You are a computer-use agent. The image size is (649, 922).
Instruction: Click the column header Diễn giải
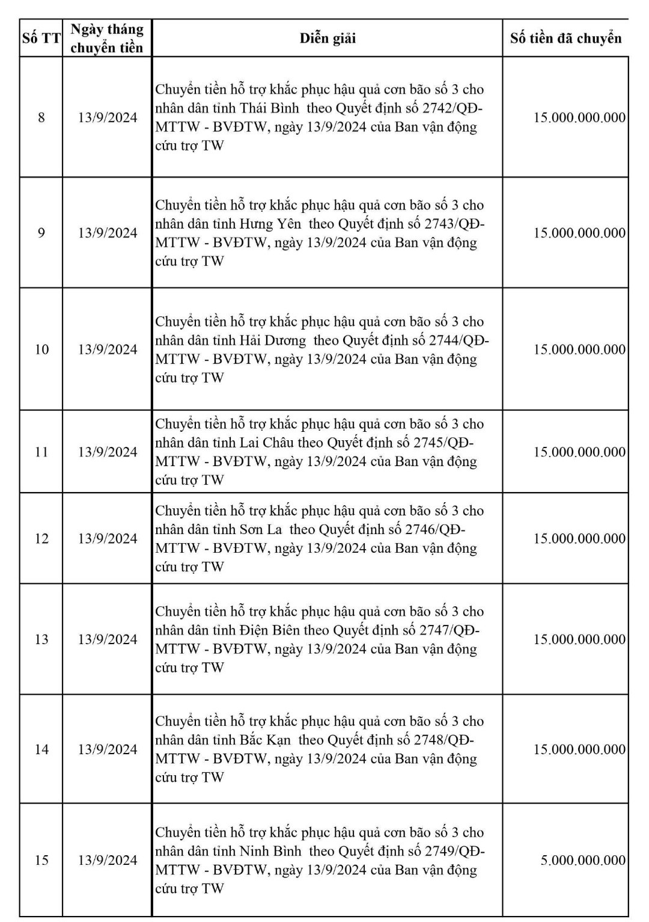pos(328,38)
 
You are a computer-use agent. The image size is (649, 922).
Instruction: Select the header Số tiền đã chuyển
pos(565,38)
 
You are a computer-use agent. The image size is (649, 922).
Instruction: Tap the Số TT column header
pos(41,38)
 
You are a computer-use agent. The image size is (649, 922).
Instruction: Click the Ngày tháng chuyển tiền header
pos(107,38)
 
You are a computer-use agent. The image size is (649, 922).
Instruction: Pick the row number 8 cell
pos(41,117)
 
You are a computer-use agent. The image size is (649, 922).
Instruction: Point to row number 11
pos(41,452)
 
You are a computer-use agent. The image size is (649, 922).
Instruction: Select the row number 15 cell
pos(41,860)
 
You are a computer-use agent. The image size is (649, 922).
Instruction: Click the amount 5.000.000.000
pos(582,860)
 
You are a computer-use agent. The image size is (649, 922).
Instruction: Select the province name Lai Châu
pos(267,443)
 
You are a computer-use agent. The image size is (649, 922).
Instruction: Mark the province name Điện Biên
pos(269,630)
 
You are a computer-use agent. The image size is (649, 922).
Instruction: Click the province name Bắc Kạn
pos(265,740)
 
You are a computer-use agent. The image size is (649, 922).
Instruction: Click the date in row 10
pos(108,349)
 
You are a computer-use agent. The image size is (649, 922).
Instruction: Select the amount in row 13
pos(579,639)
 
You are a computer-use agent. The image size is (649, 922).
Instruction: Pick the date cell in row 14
pos(108,749)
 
